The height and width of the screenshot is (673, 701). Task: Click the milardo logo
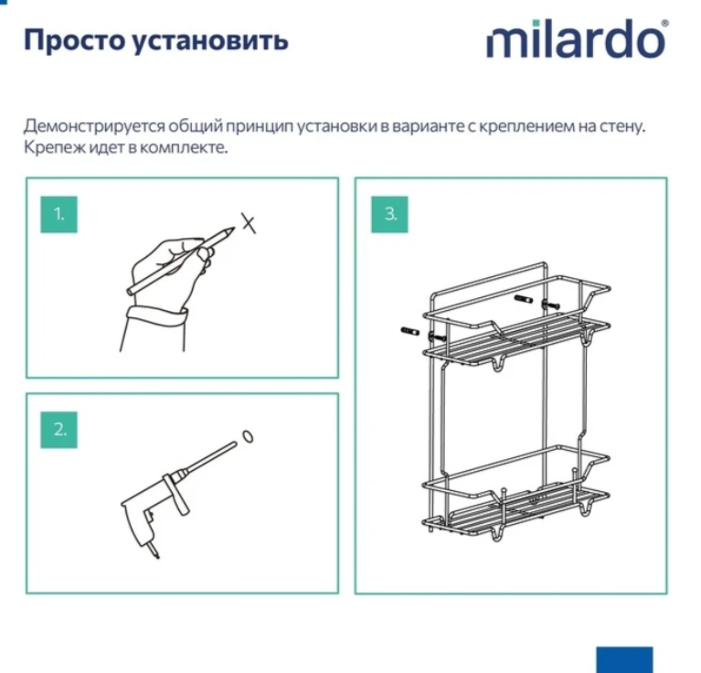tap(577, 40)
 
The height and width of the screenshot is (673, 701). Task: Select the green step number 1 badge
tap(59, 214)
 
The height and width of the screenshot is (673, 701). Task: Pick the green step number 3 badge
tap(390, 214)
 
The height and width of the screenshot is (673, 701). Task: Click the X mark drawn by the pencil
tap(248, 221)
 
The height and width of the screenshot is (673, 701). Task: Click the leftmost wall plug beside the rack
tap(409, 331)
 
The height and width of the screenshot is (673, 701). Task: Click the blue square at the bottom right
tap(625, 659)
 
